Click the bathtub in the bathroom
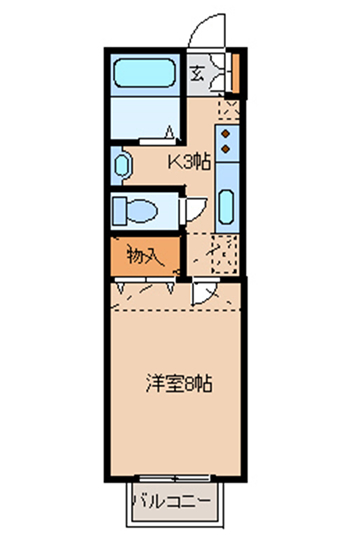(x=145, y=73)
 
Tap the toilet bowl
(x=142, y=210)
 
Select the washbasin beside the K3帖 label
(x=122, y=166)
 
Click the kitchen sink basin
(x=226, y=207)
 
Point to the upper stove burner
(x=226, y=133)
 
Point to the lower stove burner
(x=226, y=149)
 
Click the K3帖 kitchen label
(x=189, y=162)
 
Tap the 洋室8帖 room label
(x=179, y=384)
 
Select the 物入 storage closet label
(x=144, y=256)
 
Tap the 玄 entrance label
(x=197, y=73)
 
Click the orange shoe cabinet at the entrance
(x=236, y=73)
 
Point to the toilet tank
(x=119, y=210)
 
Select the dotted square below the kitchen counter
(x=225, y=254)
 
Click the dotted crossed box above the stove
(x=229, y=110)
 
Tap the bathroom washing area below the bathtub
(x=145, y=118)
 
